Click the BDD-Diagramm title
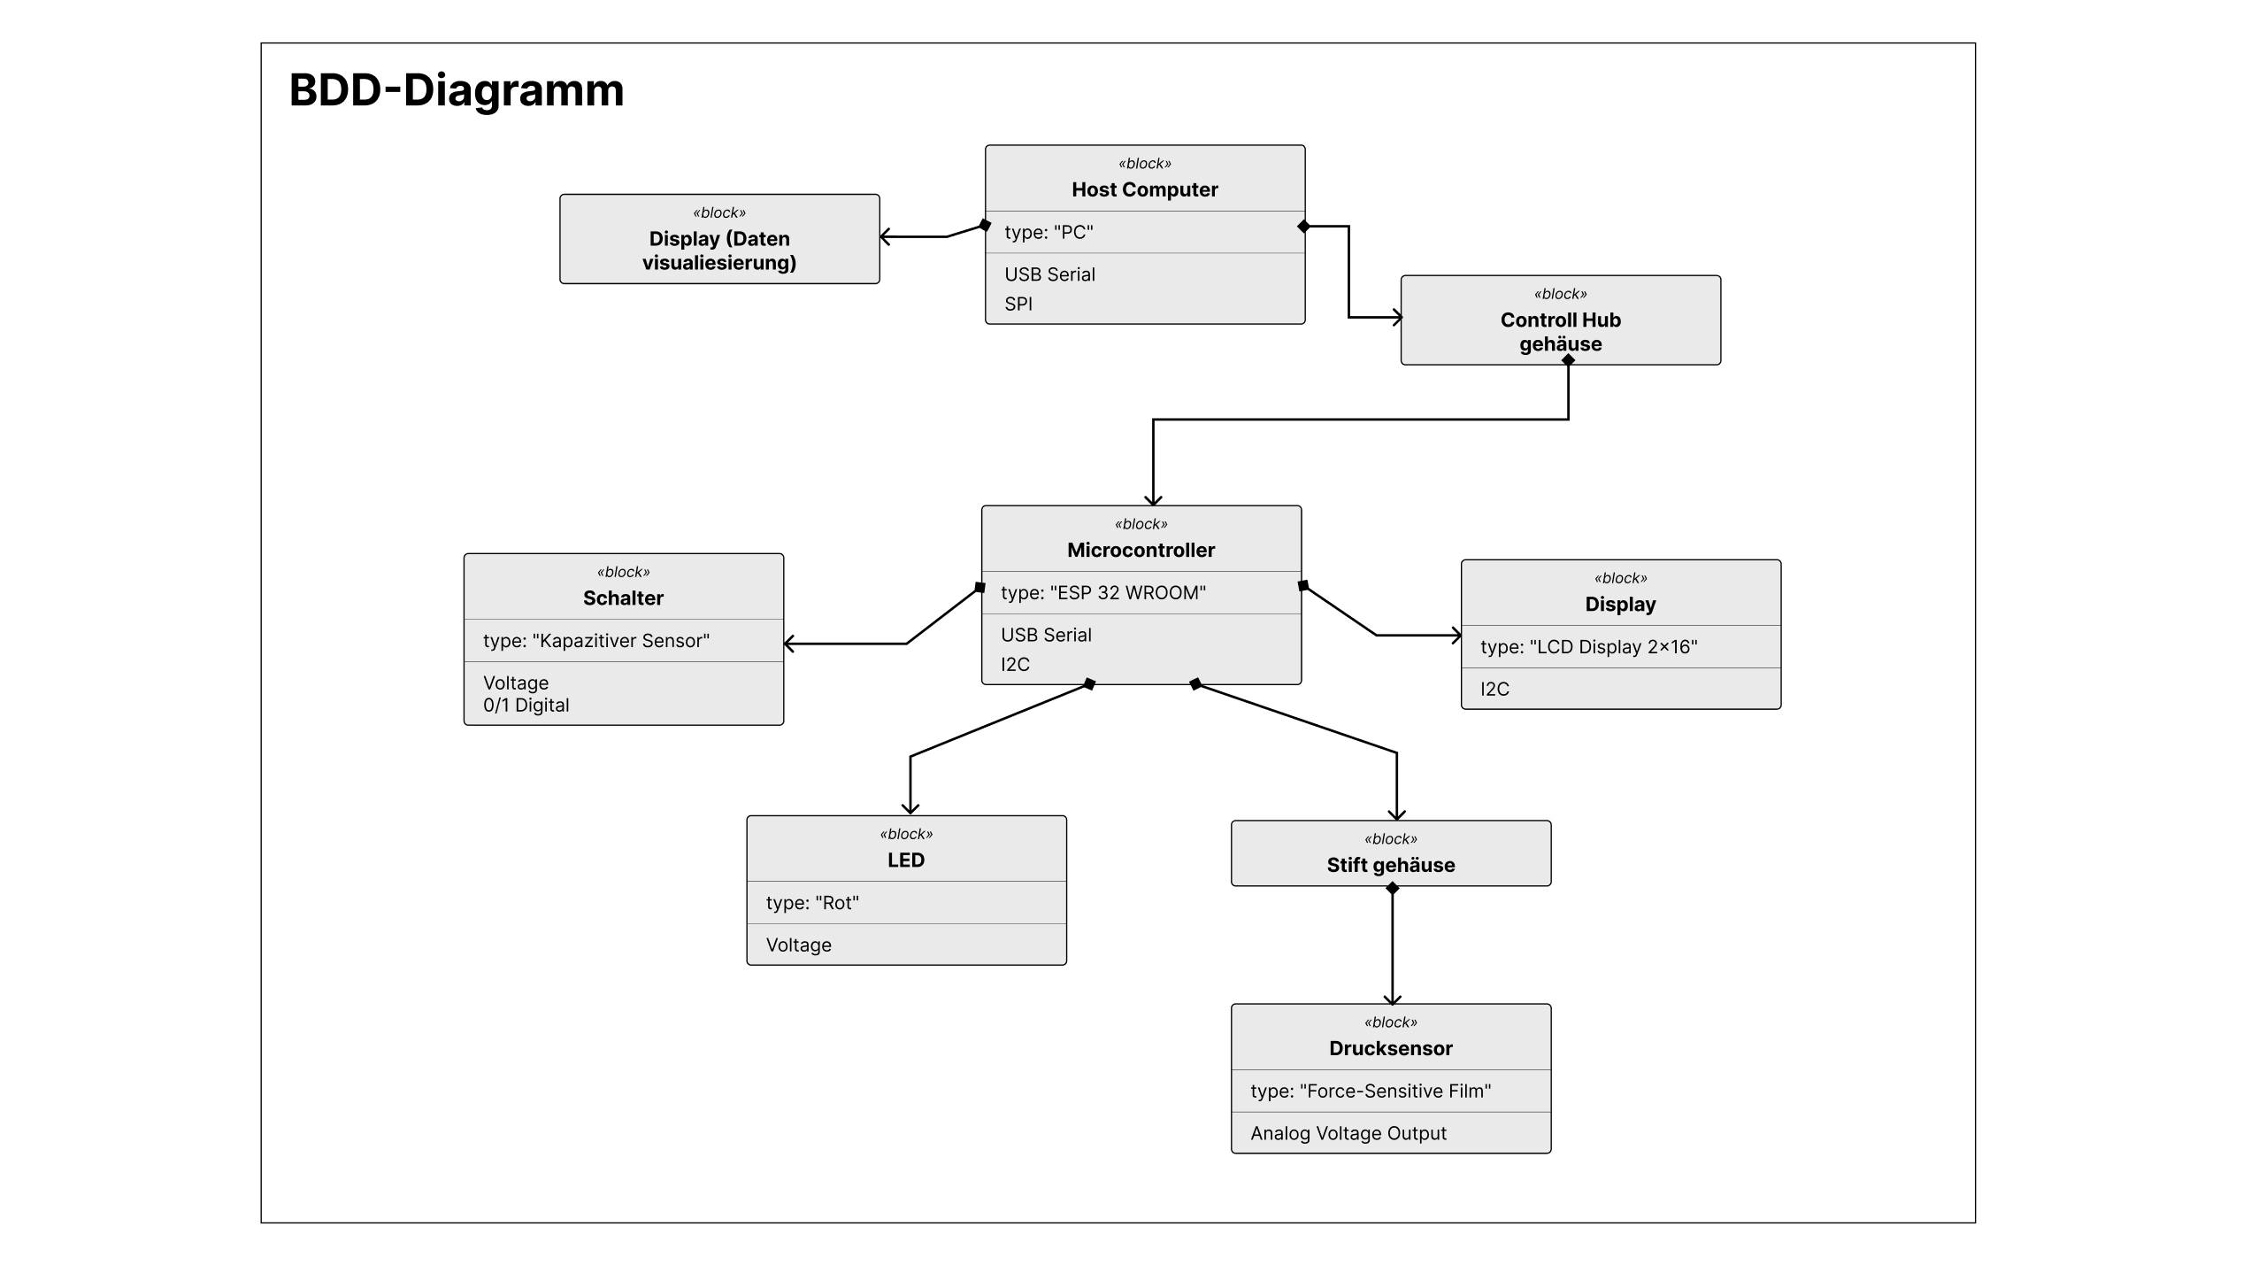[x=457, y=90]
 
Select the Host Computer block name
[x=1145, y=189]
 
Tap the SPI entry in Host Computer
[x=1018, y=304]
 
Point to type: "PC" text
[x=1049, y=232]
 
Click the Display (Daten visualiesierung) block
[x=719, y=239]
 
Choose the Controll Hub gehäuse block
[x=1561, y=320]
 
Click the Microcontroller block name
[x=1141, y=550]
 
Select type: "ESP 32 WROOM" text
[x=1103, y=592]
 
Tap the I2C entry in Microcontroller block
[x=1015, y=664]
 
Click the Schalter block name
[x=623, y=598]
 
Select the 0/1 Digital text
[x=526, y=705]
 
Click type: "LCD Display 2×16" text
[x=1589, y=646]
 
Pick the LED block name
[x=906, y=860]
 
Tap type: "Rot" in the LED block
[x=812, y=902]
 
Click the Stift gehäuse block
[x=1391, y=853]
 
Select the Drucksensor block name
[x=1391, y=1048]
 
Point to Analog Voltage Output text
[x=1348, y=1133]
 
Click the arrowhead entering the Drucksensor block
[x=1392, y=999]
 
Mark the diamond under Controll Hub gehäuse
[x=1568, y=360]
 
